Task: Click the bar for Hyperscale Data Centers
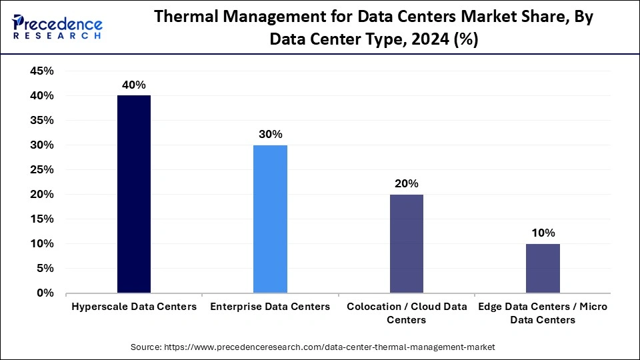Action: tap(133, 194)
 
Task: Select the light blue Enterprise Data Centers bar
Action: tap(270, 219)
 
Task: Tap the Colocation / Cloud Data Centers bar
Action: tap(406, 243)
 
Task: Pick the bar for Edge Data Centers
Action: tap(543, 268)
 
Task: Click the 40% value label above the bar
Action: tap(133, 85)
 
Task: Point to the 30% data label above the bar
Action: tap(270, 134)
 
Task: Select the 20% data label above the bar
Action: tap(406, 183)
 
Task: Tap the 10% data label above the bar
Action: tap(543, 233)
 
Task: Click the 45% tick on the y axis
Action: tap(42, 71)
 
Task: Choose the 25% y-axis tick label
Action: tap(42, 170)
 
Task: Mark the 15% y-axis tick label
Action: tap(42, 219)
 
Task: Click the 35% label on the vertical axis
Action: tap(42, 121)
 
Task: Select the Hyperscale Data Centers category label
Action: tap(134, 307)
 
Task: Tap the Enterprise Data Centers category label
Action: tap(270, 307)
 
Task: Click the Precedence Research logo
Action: tap(57, 27)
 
